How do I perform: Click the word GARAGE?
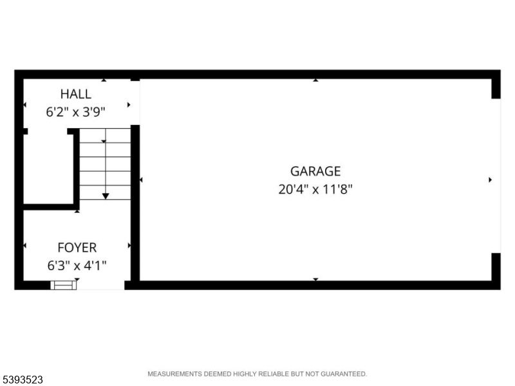pos(315,171)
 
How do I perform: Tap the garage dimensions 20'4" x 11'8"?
pos(315,189)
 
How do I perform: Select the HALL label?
pos(76,94)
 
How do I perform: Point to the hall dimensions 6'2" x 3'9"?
pos(75,112)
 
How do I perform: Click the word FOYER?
pos(77,248)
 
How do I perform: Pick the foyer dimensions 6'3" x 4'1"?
pos(77,266)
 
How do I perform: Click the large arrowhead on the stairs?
pos(106,196)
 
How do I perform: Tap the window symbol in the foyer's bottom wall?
pos(63,285)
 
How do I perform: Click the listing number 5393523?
pos(22,380)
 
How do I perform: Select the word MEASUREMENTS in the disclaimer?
pos(174,374)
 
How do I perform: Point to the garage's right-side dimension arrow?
pos(490,180)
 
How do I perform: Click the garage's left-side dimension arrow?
pos(141,180)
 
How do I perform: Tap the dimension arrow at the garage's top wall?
pos(315,80)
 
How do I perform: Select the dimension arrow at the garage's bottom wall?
pos(315,279)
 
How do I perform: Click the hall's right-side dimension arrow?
pos(129,105)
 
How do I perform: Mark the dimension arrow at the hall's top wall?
pos(104,80)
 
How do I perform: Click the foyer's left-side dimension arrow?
pos(25,246)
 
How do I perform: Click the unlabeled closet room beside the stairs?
pos(48,167)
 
